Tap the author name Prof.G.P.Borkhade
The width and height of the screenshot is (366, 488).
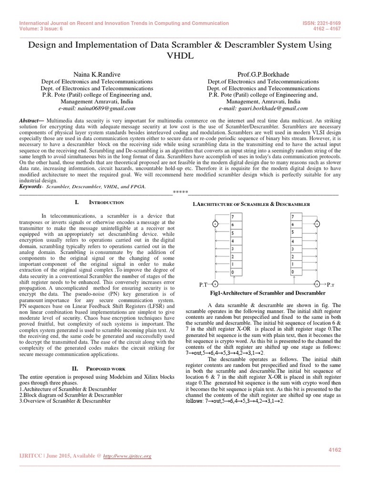[263, 74]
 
